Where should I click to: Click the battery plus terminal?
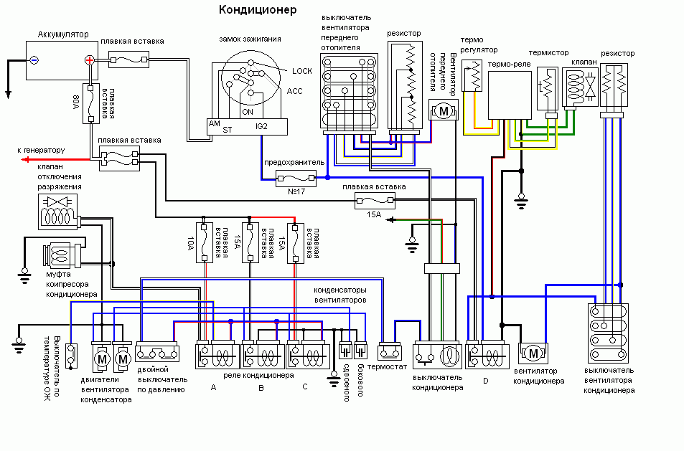pos(89,61)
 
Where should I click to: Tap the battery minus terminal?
pos(34,61)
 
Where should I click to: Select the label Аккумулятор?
pos(62,34)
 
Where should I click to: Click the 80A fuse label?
pos(77,97)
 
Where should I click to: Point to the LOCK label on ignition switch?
pos(302,71)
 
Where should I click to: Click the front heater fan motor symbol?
pos(443,111)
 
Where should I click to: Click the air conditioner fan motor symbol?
pos(533,353)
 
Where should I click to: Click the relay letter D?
pos(485,381)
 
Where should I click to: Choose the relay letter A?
pos(212,387)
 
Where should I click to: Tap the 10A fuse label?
pos(191,244)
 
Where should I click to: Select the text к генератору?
pos(41,151)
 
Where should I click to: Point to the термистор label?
pos(548,53)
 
